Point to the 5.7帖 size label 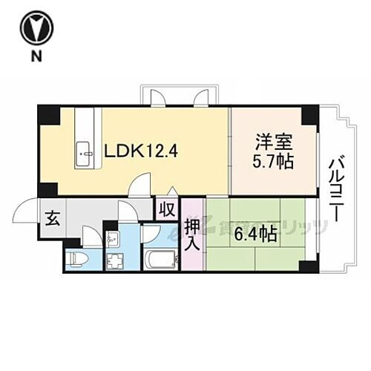272,161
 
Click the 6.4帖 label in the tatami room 256,235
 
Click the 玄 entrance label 53,218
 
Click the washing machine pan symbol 116,262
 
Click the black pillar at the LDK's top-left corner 47,116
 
